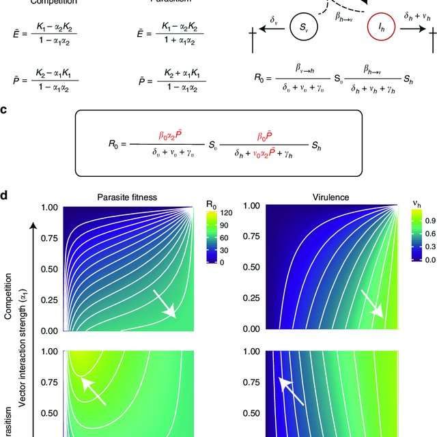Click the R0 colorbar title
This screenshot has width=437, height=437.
click(x=212, y=203)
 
